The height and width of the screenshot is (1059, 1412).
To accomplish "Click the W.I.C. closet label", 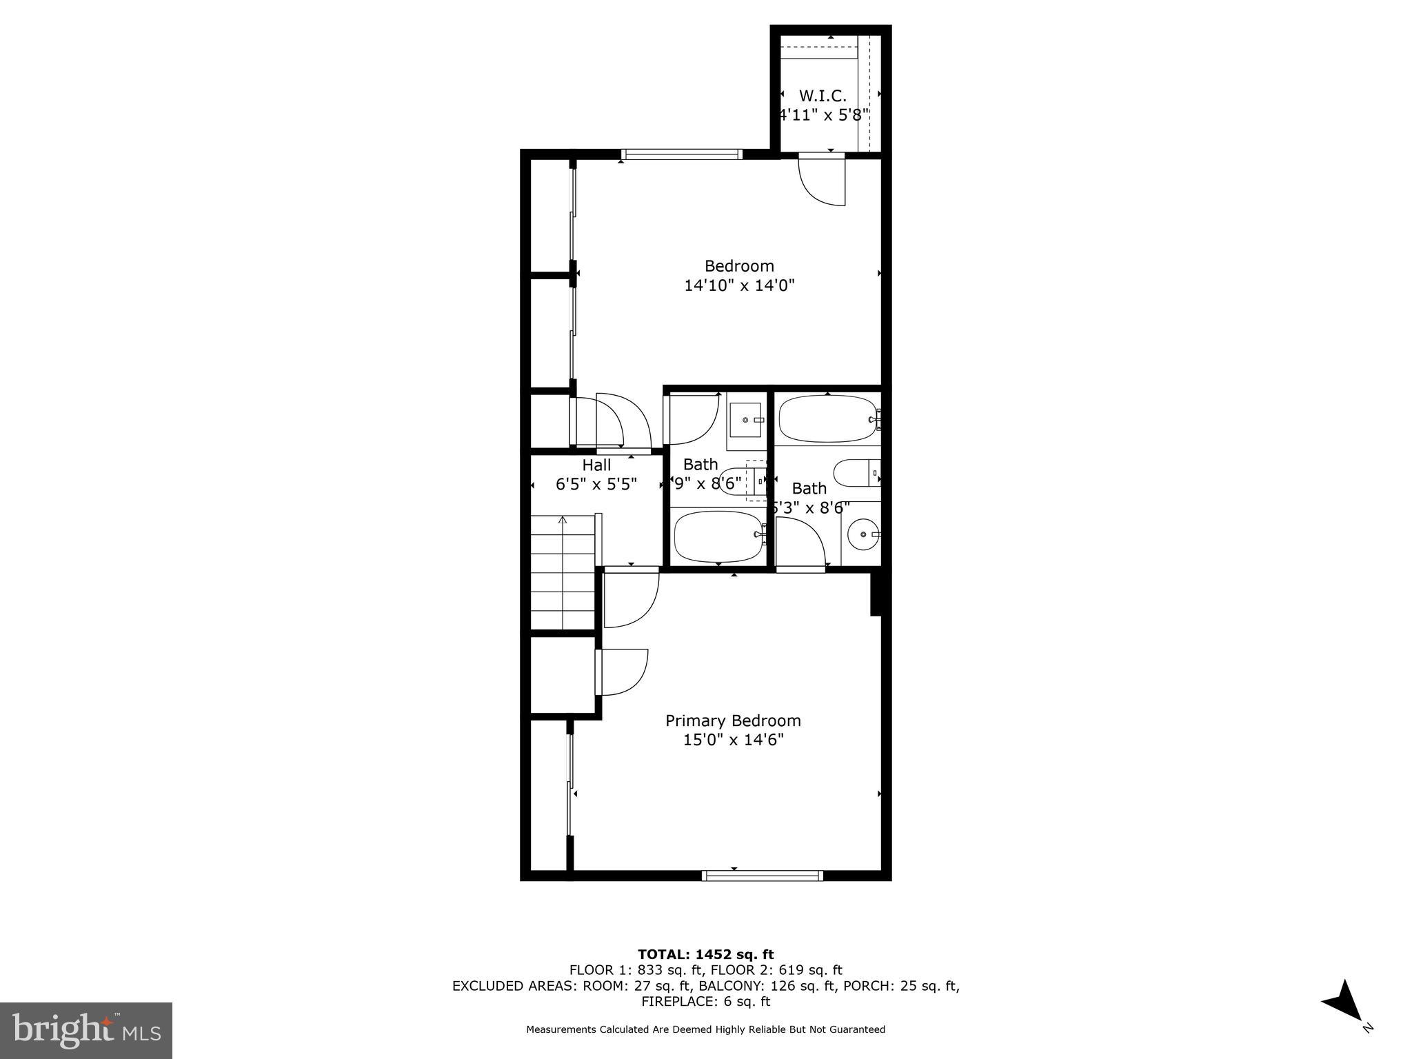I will pyautogui.click(x=823, y=96).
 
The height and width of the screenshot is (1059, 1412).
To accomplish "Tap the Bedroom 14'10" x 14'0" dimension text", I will pyautogui.click(x=739, y=285).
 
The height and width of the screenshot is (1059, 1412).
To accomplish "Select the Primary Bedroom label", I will pyautogui.click(x=733, y=720).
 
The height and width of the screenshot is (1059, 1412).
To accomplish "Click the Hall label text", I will pyautogui.click(x=596, y=465).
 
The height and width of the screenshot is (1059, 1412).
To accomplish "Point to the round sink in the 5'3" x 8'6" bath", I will pyautogui.click(x=863, y=534).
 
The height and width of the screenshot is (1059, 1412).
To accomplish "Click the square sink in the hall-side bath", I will pyautogui.click(x=745, y=419).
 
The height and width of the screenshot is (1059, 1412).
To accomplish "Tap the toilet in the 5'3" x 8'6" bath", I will pyautogui.click(x=856, y=473).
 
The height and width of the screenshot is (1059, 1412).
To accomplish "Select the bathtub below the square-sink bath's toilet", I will pyautogui.click(x=718, y=536).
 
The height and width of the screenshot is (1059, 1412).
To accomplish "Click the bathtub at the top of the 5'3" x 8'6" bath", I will pyautogui.click(x=827, y=418).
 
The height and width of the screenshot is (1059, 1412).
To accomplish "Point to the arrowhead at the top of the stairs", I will pyautogui.click(x=563, y=521).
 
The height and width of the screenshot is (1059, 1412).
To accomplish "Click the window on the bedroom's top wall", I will pyautogui.click(x=681, y=154).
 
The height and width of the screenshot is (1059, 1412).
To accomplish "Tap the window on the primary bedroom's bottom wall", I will pyautogui.click(x=763, y=876).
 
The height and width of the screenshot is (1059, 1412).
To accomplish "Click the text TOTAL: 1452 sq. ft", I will pyautogui.click(x=705, y=954).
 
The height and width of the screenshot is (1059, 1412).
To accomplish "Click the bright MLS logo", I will pyautogui.click(x=86, y=1030).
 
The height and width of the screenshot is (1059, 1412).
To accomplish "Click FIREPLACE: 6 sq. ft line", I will pyautogui.click(x=705, y=1002).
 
